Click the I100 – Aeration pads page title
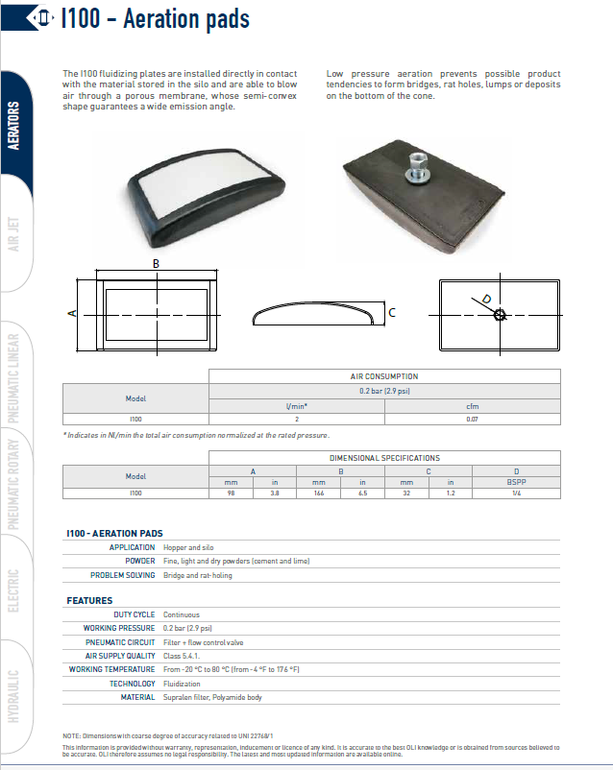pos(154,19)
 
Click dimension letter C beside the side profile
pos(392,313)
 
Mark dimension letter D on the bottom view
pos(486,299)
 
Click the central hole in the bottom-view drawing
pos(500,314)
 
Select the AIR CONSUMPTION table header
pos(383,377)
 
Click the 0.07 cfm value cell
pos(472,419)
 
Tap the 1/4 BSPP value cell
pos(517,493)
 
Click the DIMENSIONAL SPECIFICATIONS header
pos(383,458)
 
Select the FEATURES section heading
pos(89,600)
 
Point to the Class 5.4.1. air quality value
pos(183,655)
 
